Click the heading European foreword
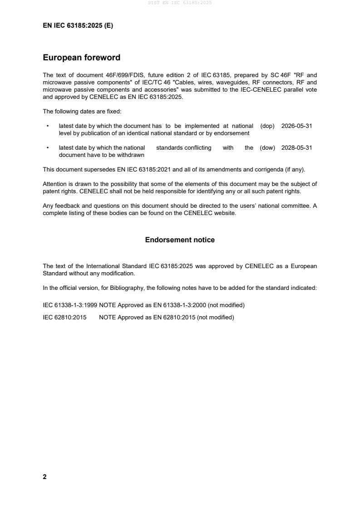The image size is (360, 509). click(81, 58)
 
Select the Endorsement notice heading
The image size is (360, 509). click(180, 240)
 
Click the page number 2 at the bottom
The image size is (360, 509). click(44, 477)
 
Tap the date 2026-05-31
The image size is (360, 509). click(297, 126)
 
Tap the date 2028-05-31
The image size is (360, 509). click(297, 148)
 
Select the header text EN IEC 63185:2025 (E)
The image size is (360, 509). click(78, 26)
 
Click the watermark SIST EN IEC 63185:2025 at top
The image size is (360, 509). click(180, 3)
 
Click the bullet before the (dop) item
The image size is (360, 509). click(48, 126)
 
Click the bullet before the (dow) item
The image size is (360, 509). click(48, 148)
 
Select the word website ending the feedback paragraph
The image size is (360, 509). click(225, 213)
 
